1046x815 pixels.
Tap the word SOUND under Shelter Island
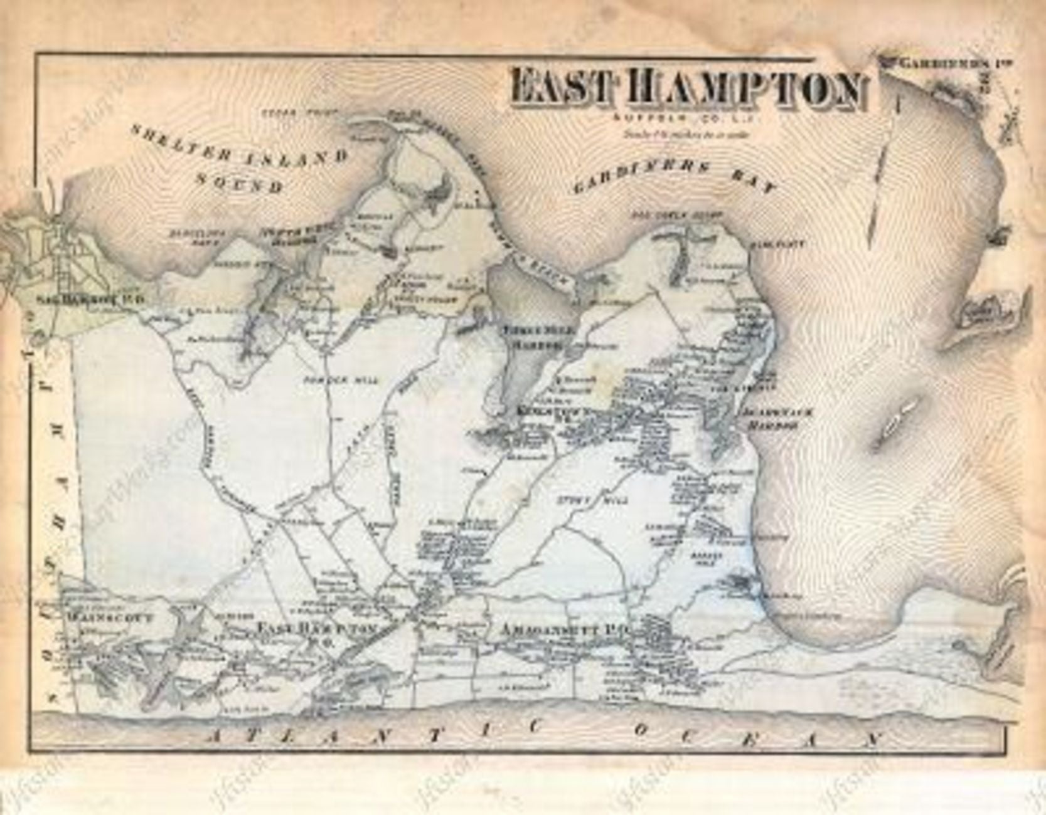[239, 181]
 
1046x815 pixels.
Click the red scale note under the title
[690, 133]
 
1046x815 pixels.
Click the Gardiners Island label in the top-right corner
[954, 63]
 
